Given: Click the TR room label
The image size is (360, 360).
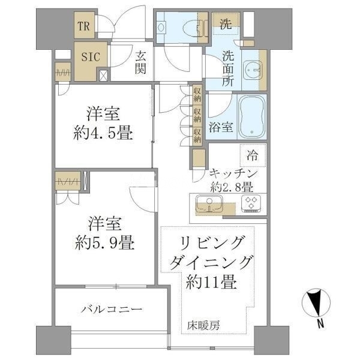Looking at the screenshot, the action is click(x=83, y=26).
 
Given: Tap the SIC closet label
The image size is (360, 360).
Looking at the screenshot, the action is click(x=91, y=57).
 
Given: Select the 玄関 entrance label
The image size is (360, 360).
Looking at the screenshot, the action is click(x=140, y=62).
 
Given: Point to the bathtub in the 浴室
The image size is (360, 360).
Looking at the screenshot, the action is click(x=252, y=116).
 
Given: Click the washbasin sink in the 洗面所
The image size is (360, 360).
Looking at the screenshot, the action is click(x=253, y=70).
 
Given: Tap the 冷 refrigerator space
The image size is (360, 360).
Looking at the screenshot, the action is click(x=253, y=155).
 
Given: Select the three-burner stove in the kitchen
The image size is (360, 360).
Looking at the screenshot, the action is click(x=251, y=203).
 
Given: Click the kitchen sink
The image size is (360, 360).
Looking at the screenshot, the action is click(x=209, y=204).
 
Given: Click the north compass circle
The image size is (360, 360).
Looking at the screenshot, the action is click(x=316, y=302).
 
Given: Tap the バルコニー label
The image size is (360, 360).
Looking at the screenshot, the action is click(x=112, y=309).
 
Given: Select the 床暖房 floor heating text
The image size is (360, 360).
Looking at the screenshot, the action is click(x=203, y=325).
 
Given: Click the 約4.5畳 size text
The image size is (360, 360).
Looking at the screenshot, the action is click(x=103, y=133).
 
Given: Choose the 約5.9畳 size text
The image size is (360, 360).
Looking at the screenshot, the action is click(x=104, y=243).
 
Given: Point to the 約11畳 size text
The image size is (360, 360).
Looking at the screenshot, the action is click(x=211, y=282).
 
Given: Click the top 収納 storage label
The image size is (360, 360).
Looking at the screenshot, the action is click(x=197, y=95).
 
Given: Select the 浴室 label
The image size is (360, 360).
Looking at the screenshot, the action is click(x=221, y=127).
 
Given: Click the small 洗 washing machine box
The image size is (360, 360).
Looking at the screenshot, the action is click(x=226, y=23).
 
